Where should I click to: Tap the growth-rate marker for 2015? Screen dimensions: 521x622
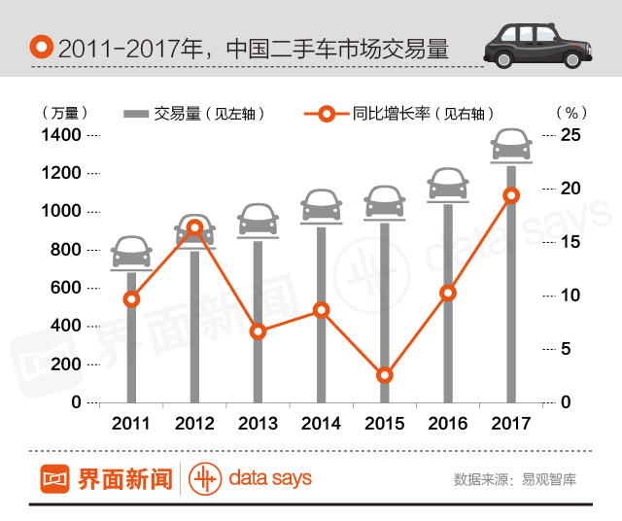click(384, 375)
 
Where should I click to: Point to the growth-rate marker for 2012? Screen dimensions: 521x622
click(194, 228)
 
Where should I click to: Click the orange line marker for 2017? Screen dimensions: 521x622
click(511, 195)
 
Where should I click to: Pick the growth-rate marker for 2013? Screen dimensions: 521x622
click(258, 331)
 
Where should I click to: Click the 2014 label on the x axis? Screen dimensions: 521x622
click(321, 424)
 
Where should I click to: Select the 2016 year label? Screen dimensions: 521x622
click(447, 424)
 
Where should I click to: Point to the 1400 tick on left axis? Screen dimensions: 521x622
click(61, 134)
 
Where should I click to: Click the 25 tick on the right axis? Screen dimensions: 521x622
click(571, 134)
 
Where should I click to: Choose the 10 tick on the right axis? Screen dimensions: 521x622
click(571, 295)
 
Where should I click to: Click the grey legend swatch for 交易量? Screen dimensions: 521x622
click(136, 114)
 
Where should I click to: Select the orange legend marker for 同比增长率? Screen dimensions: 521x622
click(326, 114)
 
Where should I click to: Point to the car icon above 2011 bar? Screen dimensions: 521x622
click(131, 252)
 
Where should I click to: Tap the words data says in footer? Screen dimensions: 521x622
click(270, 478)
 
